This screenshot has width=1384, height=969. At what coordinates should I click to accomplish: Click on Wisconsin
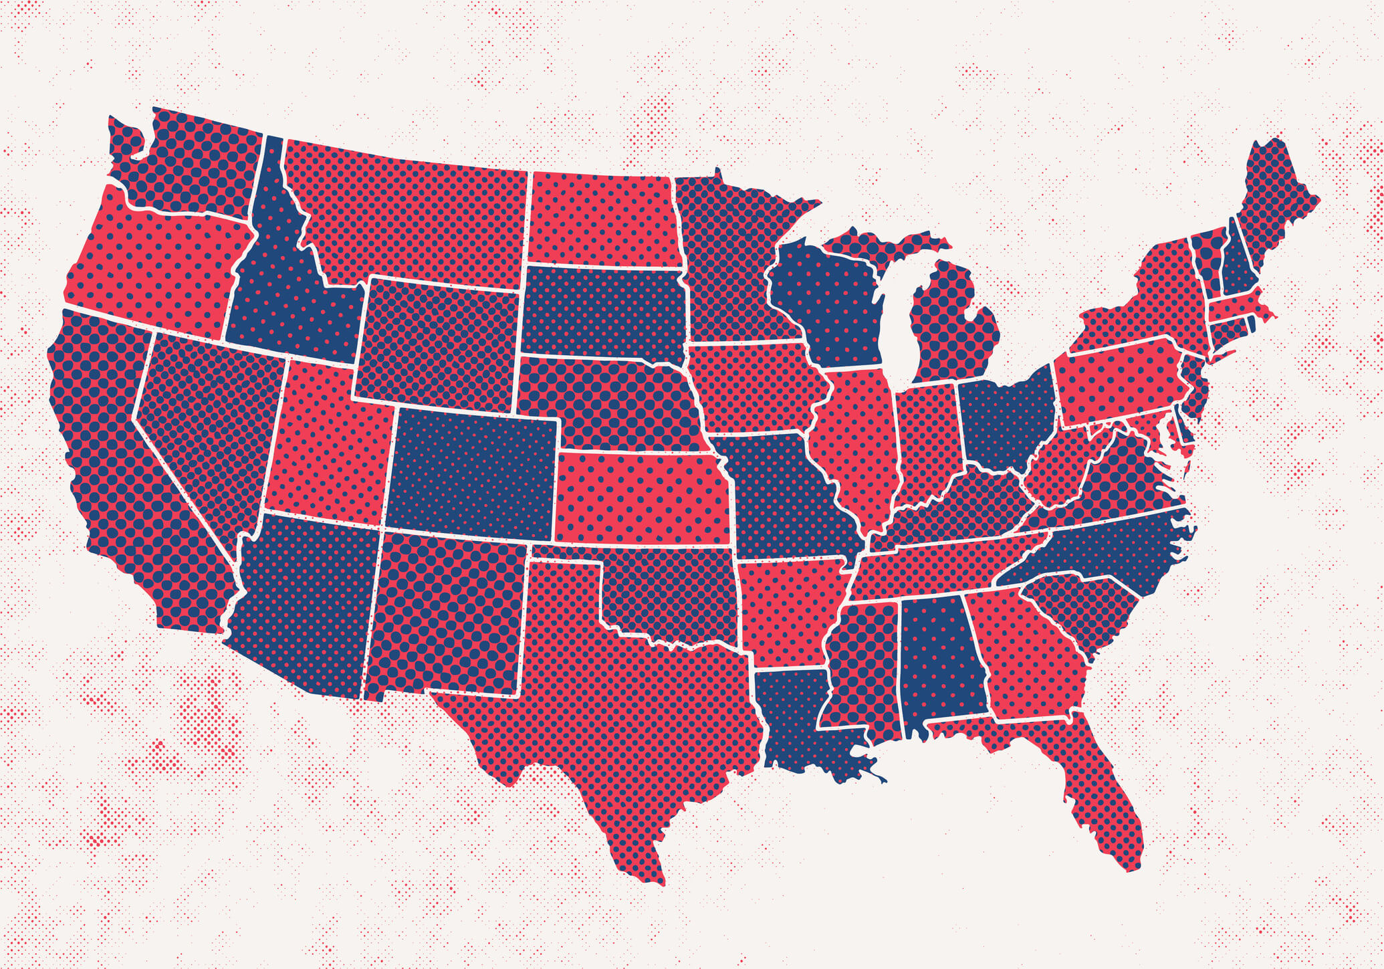(829, 301)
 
